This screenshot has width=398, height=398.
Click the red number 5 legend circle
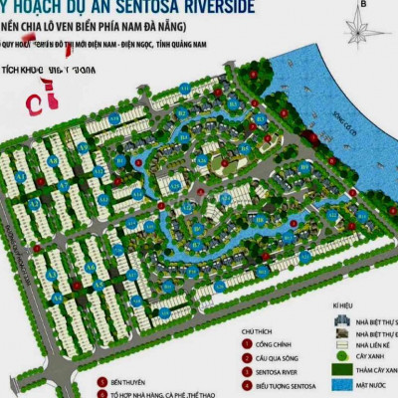click(x=100, y=379)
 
